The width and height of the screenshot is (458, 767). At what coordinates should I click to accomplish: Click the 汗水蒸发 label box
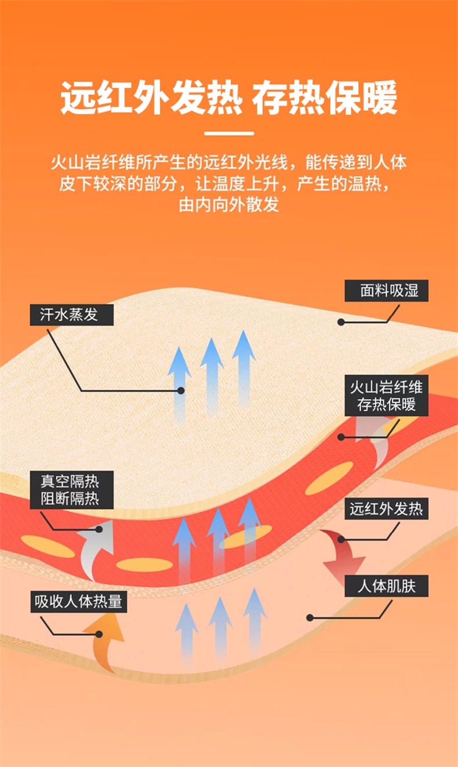[x=71, y=314]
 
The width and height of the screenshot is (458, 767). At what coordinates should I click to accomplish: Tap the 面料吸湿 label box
[x=386, y=291]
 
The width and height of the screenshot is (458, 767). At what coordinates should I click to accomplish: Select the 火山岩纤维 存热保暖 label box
[x=386, y=396]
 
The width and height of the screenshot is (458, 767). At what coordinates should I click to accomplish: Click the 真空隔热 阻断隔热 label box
[x=71, y=490]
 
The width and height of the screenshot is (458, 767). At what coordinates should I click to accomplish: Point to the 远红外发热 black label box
[x=386, y=508]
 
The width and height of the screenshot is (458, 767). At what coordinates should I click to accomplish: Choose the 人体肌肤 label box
[x=386, y=586]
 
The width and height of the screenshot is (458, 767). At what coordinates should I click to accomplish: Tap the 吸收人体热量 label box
[x=79, y=602]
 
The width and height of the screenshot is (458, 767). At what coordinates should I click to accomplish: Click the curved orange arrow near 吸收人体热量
[x=103, y=642]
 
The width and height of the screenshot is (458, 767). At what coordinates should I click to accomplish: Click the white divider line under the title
[x=229, y=133]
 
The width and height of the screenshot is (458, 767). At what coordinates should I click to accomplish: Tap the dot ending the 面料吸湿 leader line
[x=341, y=322]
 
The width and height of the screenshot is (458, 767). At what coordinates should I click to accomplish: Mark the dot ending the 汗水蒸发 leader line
[x=181, y=390]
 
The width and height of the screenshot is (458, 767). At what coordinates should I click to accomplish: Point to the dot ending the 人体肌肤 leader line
[x=310, y=618]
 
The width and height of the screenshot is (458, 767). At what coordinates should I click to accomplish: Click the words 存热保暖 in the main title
[x=325, y=97]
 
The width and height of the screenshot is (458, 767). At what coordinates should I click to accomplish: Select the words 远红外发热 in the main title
[x=151, y=97]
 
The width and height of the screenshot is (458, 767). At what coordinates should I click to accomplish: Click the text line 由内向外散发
[x=229, y=204]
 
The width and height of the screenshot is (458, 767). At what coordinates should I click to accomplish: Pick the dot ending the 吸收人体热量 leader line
[x=99, y=634]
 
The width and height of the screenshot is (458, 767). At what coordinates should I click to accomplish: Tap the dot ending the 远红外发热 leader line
[x=341, y=540]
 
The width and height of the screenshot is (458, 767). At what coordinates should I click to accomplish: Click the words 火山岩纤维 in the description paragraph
[x=93, y=162]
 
